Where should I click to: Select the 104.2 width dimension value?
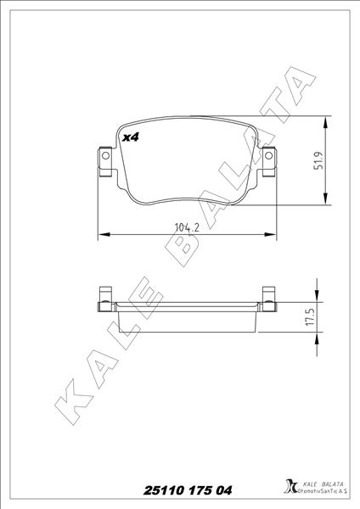pyautogui.click(x=187, y=227)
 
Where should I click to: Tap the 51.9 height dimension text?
pyautogui.click(x=318, y=161)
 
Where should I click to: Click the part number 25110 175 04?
pyautogui.click(x=180, y=490)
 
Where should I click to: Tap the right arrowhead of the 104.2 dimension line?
pyautogui.click(x=272, y=232)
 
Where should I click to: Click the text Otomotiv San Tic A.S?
pyautogui.click(x=322, y=493)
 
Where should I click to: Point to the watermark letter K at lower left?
pyautogui.click(x=72, y=408)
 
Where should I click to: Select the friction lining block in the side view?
pyautogui.click(x=187, y=321)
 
